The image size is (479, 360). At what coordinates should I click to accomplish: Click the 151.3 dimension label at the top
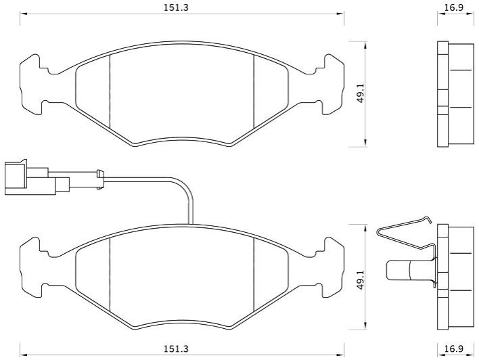(177, 7)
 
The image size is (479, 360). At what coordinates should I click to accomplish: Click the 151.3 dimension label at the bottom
(177, 348)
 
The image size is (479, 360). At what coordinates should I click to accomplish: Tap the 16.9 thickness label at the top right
(453, 7)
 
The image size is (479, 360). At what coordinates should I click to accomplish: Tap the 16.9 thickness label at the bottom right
(453, 348)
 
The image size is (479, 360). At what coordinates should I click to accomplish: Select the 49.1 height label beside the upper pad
(361, 94)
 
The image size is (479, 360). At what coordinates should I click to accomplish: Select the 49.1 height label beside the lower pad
(361, 280)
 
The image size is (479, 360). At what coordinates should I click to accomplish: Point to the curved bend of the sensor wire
(183, 187)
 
